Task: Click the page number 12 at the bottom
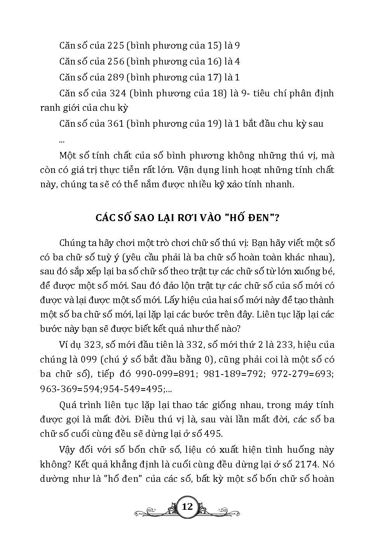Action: (187, 507)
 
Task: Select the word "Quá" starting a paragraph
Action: (68, 405)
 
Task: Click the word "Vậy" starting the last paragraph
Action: (68, 450)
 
